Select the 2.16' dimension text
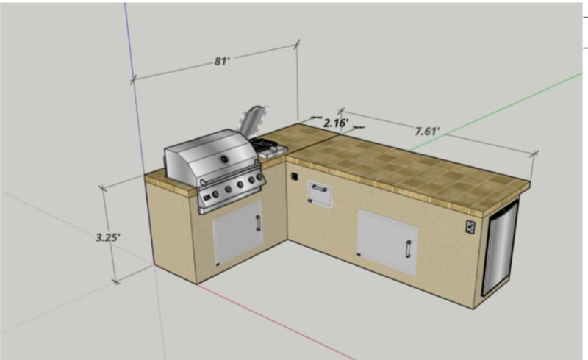tap(336, 123)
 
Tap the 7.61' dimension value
tap(426, 132)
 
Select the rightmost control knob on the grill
tap(259, 178)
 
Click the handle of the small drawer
tap(320, 188)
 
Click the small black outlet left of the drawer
tap(294, 177)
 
